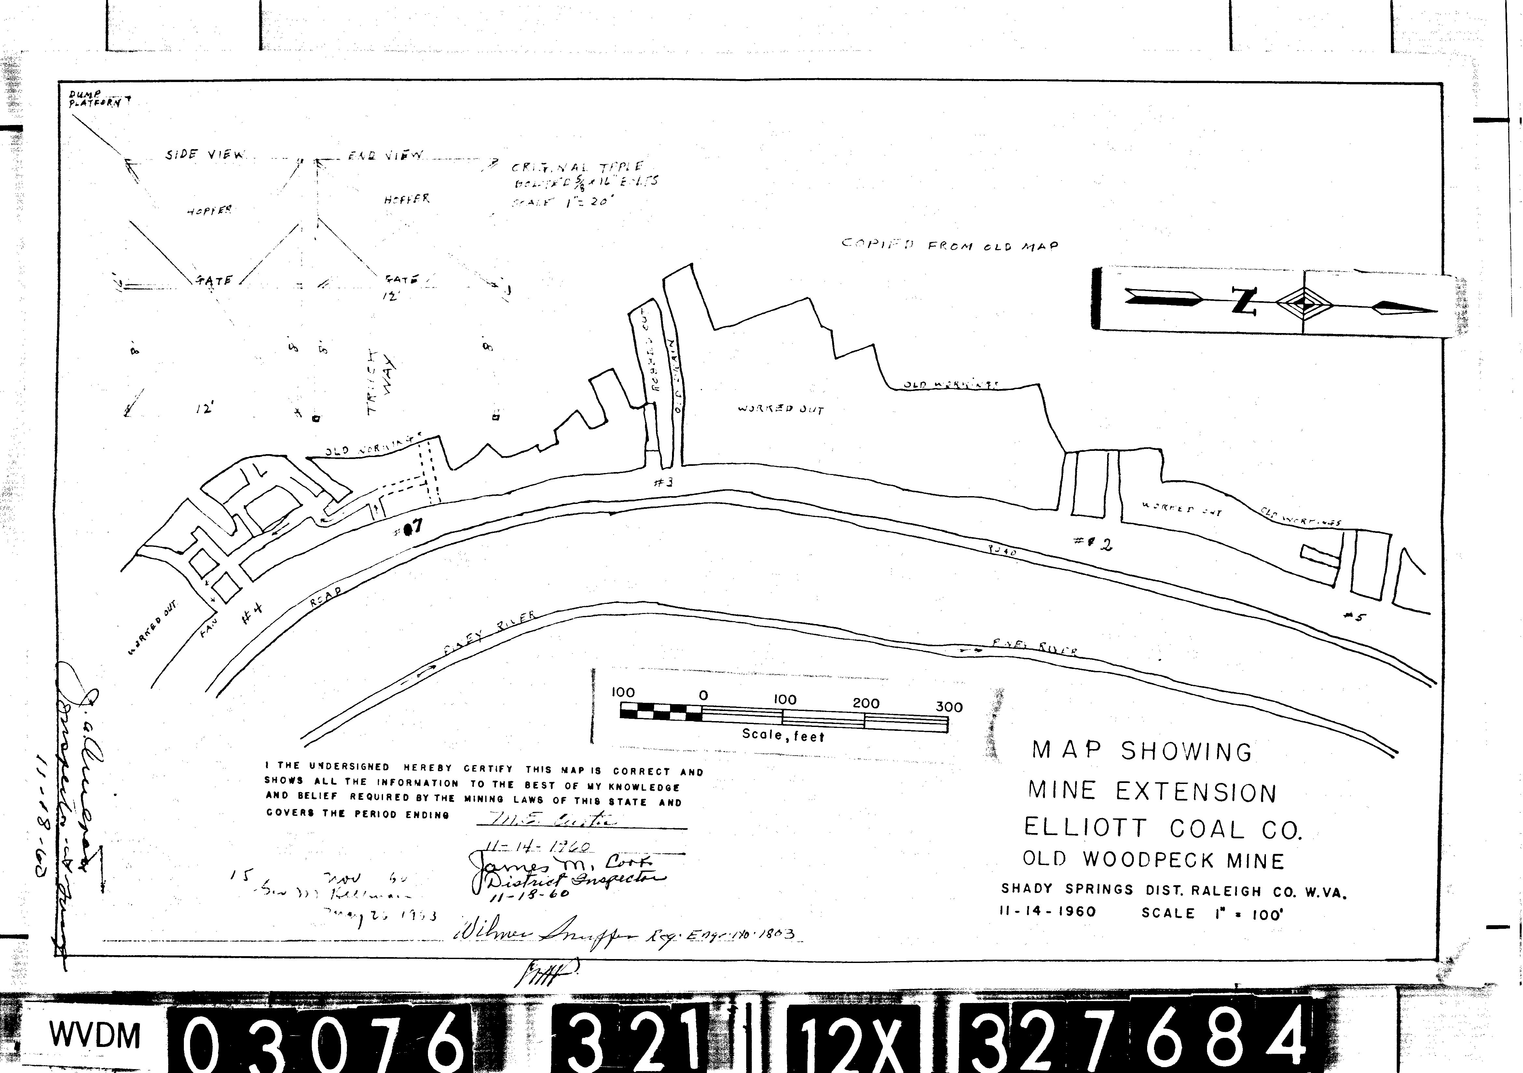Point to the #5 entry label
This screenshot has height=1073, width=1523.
[x=1354, y=617]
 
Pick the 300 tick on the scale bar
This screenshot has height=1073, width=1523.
[x=949, y=707]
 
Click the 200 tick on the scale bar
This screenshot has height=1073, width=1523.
[x=866, y=704]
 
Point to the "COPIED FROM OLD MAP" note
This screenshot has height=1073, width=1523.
[x=950, y=245]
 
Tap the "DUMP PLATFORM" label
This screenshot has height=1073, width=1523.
[x=94, y=100]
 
